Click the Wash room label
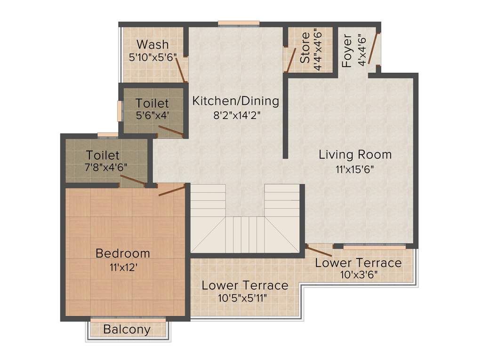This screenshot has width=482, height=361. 152,45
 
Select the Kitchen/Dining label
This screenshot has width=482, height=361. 236,101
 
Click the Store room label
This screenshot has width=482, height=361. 305,47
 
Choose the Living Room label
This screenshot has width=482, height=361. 355,154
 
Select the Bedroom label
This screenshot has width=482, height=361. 123,253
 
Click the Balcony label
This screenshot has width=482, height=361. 127,330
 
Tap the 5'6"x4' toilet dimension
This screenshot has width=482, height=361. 152,115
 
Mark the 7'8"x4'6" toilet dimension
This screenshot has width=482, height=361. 106,167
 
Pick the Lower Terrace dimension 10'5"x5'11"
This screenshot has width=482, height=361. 245,298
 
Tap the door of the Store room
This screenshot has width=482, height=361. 291,60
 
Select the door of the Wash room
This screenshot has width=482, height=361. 181,70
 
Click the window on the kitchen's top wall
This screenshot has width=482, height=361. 239,23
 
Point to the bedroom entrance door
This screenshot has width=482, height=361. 171,190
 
